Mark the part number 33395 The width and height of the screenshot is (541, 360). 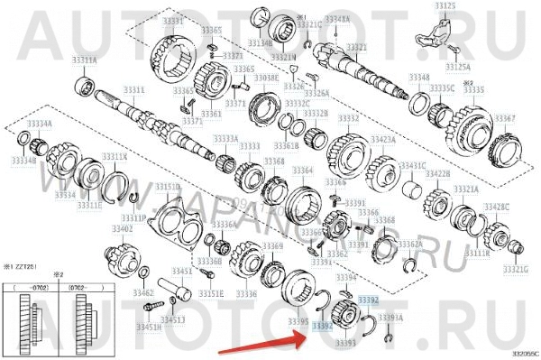pyautogui.click(x=298, y=320)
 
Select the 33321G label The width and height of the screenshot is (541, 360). pyautogui.click(x=515, y=268)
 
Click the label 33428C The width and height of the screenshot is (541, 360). pyautogui.click(x=495, y=207)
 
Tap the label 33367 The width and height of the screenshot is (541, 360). pyautogui.click(x=506, y=117)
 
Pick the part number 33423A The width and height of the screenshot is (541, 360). pyautogui.click(x=383, y=140)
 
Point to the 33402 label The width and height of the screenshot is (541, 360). pyautogui.click(x=122, y=229)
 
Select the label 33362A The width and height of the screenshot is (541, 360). pyautogui.click(x=408, y=244)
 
